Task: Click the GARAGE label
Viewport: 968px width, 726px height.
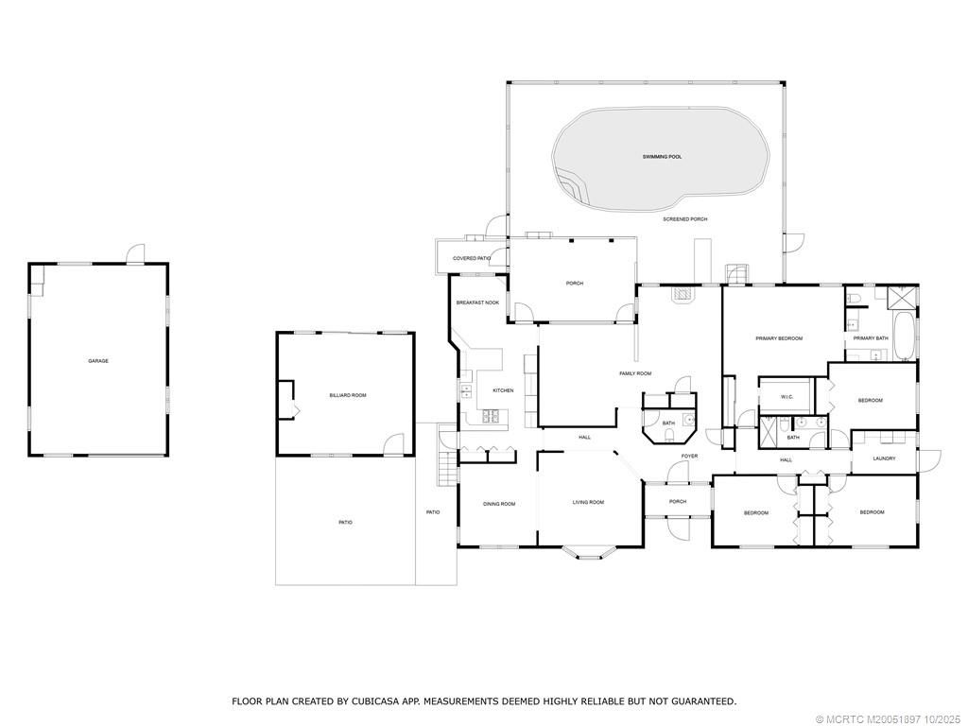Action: (x=98, y=361)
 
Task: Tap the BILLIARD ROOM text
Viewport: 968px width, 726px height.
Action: (x=347, y=395)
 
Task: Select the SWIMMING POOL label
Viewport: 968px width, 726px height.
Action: (x=662, y=156)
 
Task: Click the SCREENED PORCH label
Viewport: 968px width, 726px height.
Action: (x=684, y=219)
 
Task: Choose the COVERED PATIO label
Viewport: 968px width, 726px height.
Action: (x=471, y=258)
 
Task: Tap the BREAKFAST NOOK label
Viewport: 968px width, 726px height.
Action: (x=477, y=302)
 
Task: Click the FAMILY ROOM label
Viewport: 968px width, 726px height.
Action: (x=635, y=374)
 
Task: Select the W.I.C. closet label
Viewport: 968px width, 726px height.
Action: (x=786, y=397)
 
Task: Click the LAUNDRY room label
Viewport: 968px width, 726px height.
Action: (x=884, y=459)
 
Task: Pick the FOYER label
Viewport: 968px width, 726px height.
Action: (x=689, y=457)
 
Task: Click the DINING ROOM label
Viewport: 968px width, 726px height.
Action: (x=499, y=504)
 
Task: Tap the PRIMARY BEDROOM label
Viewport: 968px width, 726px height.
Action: (x=779, y=338)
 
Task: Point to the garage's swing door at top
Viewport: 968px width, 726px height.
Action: (x=136, y=253)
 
